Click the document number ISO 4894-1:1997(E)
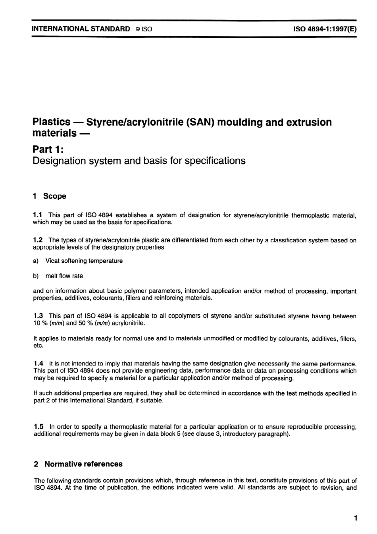tap(325, 29)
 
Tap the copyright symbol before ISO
tap(137, 29)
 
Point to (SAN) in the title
tap(200, 122)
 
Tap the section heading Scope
tap(55, 196)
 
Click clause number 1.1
tap(38, 215)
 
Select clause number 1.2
tap(38, 240)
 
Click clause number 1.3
tap(38, 316)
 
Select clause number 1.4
tap(38, 363)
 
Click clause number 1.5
tap(39, 427)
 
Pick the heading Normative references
tap(83, 464)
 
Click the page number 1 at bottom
tap(356, 518)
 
